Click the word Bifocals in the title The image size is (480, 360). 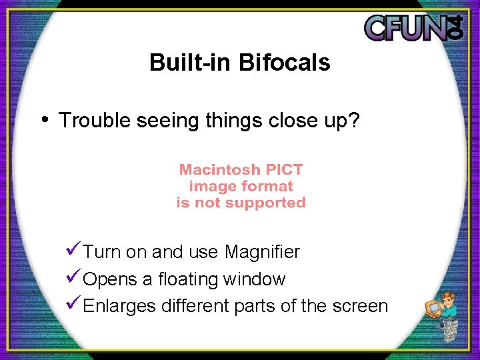284,63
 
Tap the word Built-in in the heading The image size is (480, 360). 191,63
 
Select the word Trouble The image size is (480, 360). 95,121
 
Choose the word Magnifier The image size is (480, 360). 262,252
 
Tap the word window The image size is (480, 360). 256,279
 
